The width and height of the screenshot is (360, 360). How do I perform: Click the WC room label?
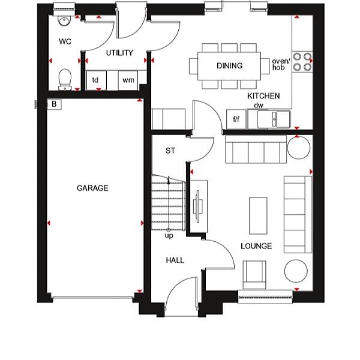pos(65,42)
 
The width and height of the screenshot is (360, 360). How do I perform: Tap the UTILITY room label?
pos(119,53)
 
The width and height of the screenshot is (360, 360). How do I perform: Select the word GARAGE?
pos(92,188)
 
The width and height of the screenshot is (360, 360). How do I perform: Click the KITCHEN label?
pos(263,95)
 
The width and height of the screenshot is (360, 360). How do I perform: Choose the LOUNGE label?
pos(256,246)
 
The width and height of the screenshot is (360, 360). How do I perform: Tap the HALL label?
pos(175,260)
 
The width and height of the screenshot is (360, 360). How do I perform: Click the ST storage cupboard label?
pos(170,151)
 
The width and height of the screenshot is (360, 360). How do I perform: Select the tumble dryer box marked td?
pos(95,80)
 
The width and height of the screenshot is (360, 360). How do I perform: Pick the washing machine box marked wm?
pos(128,80)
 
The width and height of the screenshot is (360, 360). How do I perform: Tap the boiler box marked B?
pos(54,104)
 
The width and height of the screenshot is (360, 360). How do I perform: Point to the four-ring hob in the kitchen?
pos(303,62)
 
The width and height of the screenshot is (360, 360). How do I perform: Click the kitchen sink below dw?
pos(274,119)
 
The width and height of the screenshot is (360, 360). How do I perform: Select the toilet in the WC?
pos(64,78)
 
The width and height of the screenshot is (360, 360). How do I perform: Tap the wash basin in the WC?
pos(64,20)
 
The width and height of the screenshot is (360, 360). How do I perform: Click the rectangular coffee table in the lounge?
pos(258,215)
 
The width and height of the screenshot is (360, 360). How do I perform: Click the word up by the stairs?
pos(169,236)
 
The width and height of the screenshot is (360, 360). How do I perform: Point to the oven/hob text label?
pos(281,64)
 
